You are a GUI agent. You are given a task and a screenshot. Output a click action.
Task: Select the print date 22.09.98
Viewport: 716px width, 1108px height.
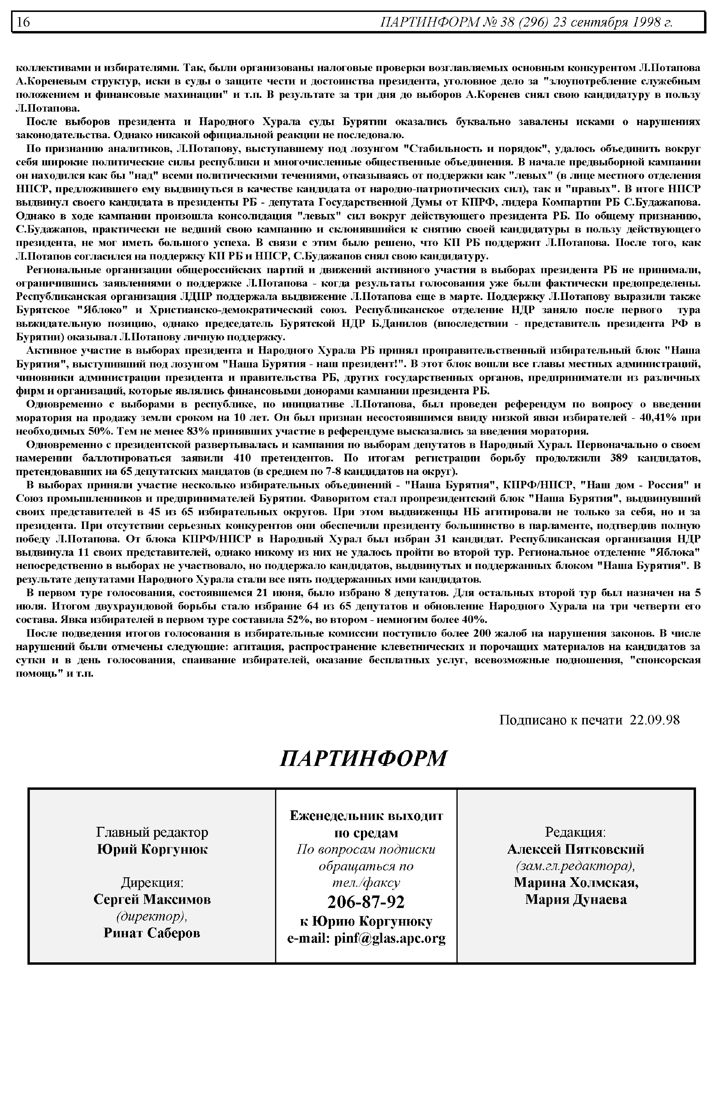[x=655, y=720]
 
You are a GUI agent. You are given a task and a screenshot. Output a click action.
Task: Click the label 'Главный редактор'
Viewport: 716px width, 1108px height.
[x=152, y=832]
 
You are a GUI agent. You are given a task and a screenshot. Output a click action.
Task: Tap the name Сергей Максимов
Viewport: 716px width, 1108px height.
[x=152, y=899]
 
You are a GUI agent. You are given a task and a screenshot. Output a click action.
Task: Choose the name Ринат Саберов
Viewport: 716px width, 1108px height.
[x=152, y=933]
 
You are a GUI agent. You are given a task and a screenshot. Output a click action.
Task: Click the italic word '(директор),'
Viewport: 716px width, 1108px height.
[x=152, y=916]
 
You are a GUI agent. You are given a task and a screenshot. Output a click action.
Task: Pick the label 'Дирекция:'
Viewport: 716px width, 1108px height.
[x=152, y=882]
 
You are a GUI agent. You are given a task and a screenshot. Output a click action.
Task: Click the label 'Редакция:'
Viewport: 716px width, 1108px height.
[x=575, y=832]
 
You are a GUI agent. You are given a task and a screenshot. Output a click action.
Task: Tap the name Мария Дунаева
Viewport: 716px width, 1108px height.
[x=575, y=899]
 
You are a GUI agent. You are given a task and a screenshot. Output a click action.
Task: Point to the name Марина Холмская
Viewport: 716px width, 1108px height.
[x=575, y=882]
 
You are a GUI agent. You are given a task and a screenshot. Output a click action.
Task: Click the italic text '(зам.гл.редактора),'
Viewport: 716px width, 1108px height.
[x=575, y=866]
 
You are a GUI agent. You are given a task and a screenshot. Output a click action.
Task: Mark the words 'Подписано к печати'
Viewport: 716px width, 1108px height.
[x=560, y=720]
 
